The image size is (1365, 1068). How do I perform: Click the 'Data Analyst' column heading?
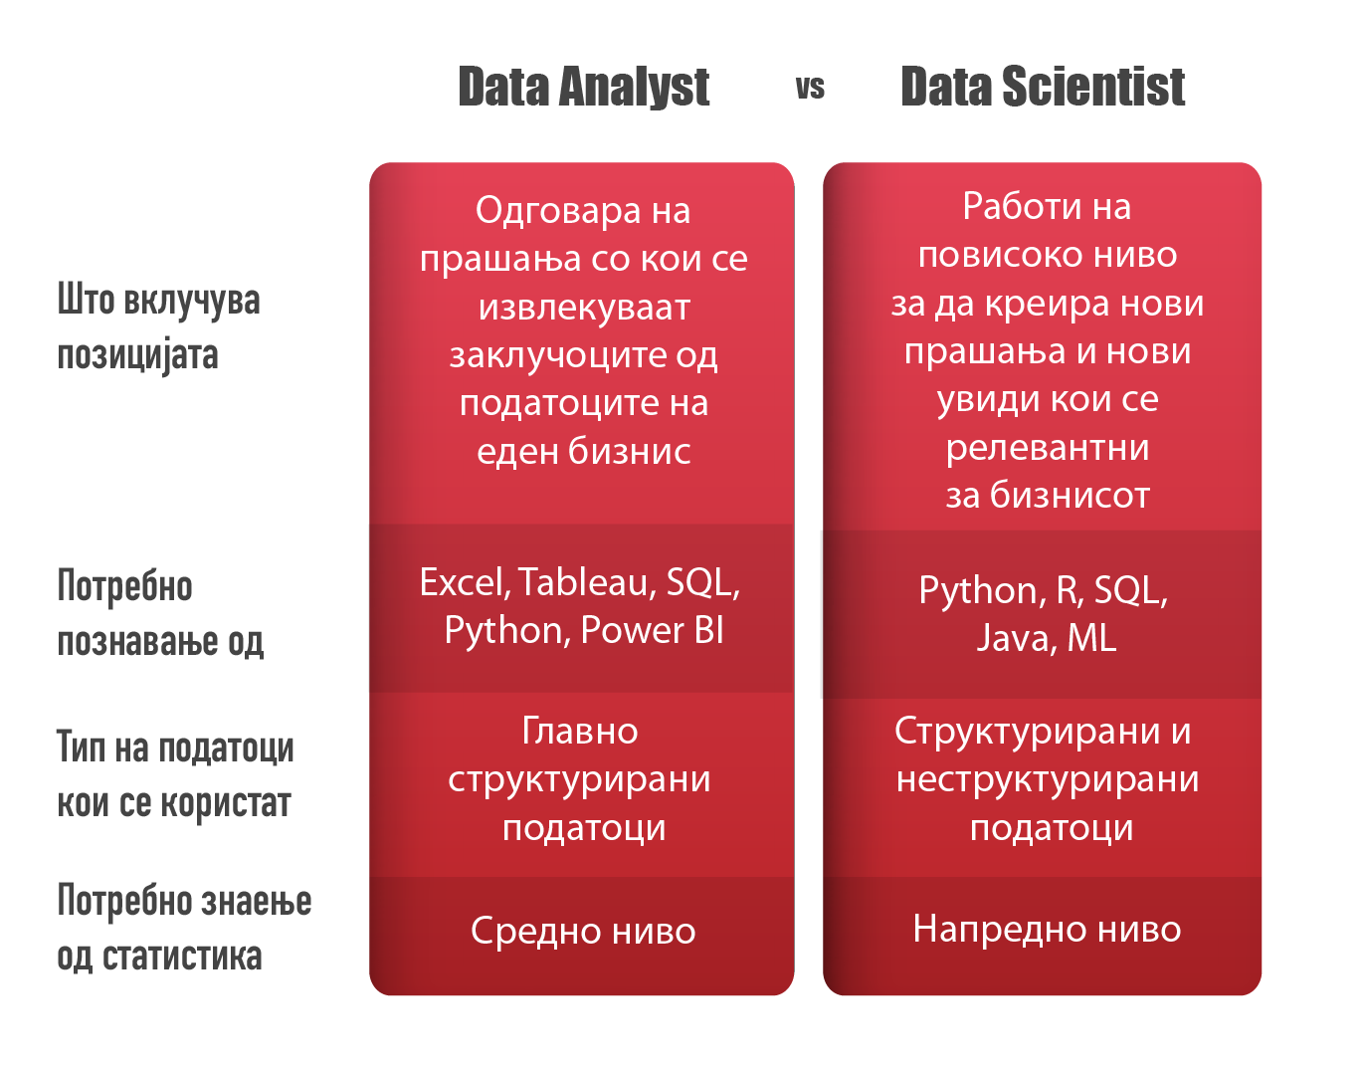tap(583, 88)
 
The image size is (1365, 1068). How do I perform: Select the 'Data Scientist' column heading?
tap(1042, 88)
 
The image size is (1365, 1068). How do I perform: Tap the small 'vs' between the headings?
tap(810, 89)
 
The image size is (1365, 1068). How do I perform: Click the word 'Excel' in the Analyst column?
tap(464, 583)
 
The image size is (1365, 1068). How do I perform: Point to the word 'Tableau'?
tap(586, 583)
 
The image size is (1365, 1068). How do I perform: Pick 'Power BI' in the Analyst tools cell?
tap(653, 631)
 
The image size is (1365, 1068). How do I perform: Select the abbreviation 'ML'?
tap(1091, 638)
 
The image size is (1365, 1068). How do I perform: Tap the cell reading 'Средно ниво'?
tap(583, 932)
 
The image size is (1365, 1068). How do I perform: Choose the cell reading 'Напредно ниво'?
tap(1047, 930)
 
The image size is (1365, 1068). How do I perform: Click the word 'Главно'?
tap(580, 732)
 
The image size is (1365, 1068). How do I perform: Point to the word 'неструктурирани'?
tap(1047, 780)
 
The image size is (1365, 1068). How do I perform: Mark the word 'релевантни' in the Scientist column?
tap(1047, 448)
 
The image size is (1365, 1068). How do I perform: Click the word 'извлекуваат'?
tap(584, 308)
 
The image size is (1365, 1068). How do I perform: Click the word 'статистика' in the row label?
tap(182, 957)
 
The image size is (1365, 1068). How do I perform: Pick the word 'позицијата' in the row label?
tap(137, 355)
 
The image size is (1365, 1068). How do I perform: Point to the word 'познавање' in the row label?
tap(137, 642)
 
